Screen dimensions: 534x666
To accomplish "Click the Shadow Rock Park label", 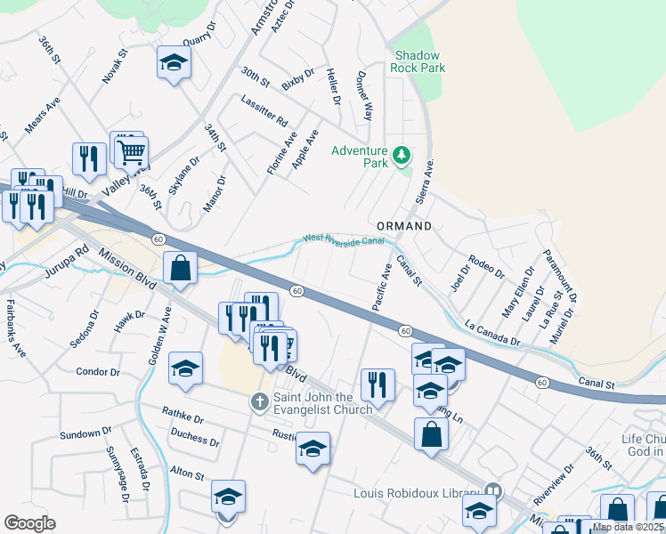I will (x=418, y=61).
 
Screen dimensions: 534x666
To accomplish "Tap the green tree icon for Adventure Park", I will (x=402, y=157).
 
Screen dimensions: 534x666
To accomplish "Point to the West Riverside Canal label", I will (x=343, y=239).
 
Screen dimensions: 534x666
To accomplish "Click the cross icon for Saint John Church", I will (x=260, y=403).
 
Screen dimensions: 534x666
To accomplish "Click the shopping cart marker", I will (x=131, y=151).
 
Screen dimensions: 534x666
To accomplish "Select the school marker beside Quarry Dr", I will (x=175, y=63).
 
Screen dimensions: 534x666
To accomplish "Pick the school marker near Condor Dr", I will (x=184, y=369).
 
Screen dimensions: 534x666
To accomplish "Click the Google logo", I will (x=30, y=522).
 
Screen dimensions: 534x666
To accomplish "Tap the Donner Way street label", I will (x=364, y=96).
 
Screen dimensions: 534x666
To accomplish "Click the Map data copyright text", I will (x=628, y=527).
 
